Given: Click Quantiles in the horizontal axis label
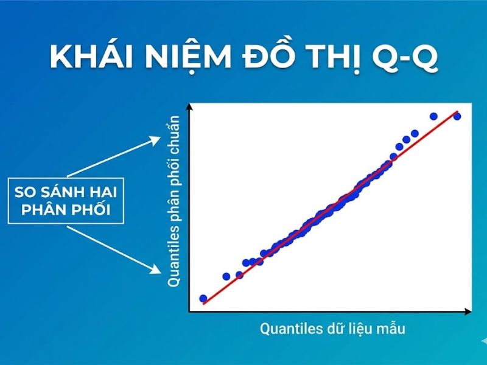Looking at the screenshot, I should click(x=290, y=329).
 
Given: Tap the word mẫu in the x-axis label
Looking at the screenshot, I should click(x=390, y=329).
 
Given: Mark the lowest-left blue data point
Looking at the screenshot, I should click(x=203, y=299).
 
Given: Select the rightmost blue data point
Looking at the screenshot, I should click(x=457, y=116).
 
